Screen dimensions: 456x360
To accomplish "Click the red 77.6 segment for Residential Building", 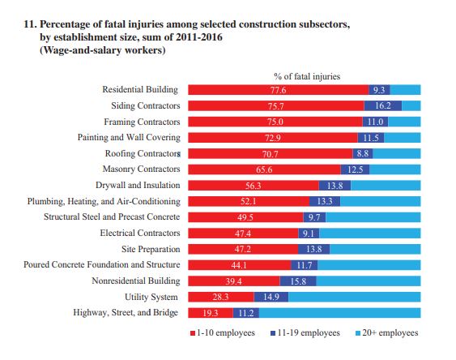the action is [x=279, y=90].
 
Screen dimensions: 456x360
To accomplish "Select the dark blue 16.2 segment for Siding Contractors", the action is [x=383, y=105].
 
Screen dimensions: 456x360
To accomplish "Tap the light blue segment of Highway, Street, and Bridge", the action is [x=339, y=313].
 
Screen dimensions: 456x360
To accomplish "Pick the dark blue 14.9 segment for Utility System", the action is [x=271, y=297].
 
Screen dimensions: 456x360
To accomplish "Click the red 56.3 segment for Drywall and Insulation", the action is [x=254, y=186].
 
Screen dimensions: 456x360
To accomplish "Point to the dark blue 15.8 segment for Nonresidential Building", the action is [x=298, y=281].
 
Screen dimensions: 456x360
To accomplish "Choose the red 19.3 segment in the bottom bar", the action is [x=211, y=313].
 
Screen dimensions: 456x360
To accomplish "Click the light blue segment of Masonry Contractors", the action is [x=395, y=169].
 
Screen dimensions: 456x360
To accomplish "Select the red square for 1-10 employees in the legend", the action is [x=193, y=333].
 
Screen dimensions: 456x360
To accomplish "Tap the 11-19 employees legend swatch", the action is [x=273, y=333].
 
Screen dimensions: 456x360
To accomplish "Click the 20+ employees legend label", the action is [x=390, y=332].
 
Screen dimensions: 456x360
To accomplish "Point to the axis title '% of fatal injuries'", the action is [x=307, y=76].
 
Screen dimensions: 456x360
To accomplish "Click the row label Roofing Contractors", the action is [x=143, y=153].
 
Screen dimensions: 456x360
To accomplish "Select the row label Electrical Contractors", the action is [x=140, y=233].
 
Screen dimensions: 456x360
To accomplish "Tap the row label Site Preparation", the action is [x=151, y=249].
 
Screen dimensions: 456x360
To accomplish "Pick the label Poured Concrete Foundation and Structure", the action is [x=102, y=264].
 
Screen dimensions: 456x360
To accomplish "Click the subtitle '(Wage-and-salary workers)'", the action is [x=103, y=50].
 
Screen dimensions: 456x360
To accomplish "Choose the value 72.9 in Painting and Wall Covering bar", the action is [x=273, y=138].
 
